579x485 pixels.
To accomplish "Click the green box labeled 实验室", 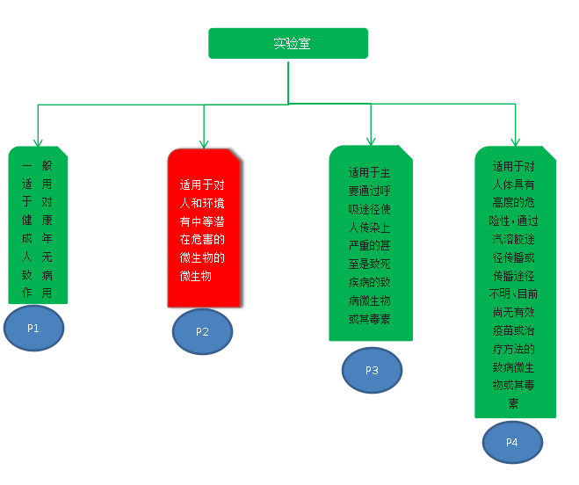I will pyautogui.click(x=288, y=43).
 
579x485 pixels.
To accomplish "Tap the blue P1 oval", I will pyautogui.click(x=33, y=328).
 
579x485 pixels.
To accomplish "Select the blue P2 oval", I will pyautogui.click(x=202, y=331).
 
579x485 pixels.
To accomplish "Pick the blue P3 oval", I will pyautogui.click(x=372, y=370).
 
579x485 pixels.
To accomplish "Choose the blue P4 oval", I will pyautogui.click(x=512, y=442).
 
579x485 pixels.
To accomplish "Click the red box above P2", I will pyautogui.click(x=206, y=228).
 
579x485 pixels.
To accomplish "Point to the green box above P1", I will pyautogui.click(x=38, y=225).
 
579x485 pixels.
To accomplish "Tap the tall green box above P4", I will pyautogui.click(x=515, y=281).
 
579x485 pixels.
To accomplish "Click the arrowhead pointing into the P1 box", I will pyautogui.click(x=38, y=141).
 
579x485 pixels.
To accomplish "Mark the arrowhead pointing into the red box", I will pyautogui.click(x=204, y=142).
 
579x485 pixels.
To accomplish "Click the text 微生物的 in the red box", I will pyautogui.click(x=202, y=257).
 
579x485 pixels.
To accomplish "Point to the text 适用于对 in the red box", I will pyautogui.click(x=202, y=185).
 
